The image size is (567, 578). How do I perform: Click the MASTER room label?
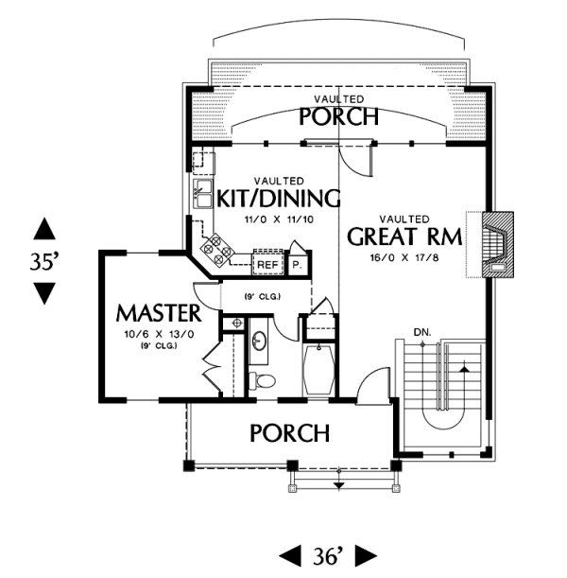[159, 312]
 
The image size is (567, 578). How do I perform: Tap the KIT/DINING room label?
[278, 199]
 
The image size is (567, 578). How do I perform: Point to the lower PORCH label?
[289, 433]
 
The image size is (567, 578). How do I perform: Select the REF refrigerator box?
[267, 265]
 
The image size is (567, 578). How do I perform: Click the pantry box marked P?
[297, 264]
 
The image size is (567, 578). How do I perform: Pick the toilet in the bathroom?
[264, 381]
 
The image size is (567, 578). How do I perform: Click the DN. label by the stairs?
[422, 332]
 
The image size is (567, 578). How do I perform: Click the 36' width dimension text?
[331, 554]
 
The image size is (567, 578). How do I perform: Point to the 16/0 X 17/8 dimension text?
[406, 256]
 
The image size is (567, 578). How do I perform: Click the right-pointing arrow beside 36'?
[366, 554]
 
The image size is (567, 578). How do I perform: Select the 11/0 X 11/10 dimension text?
[278, 219]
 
